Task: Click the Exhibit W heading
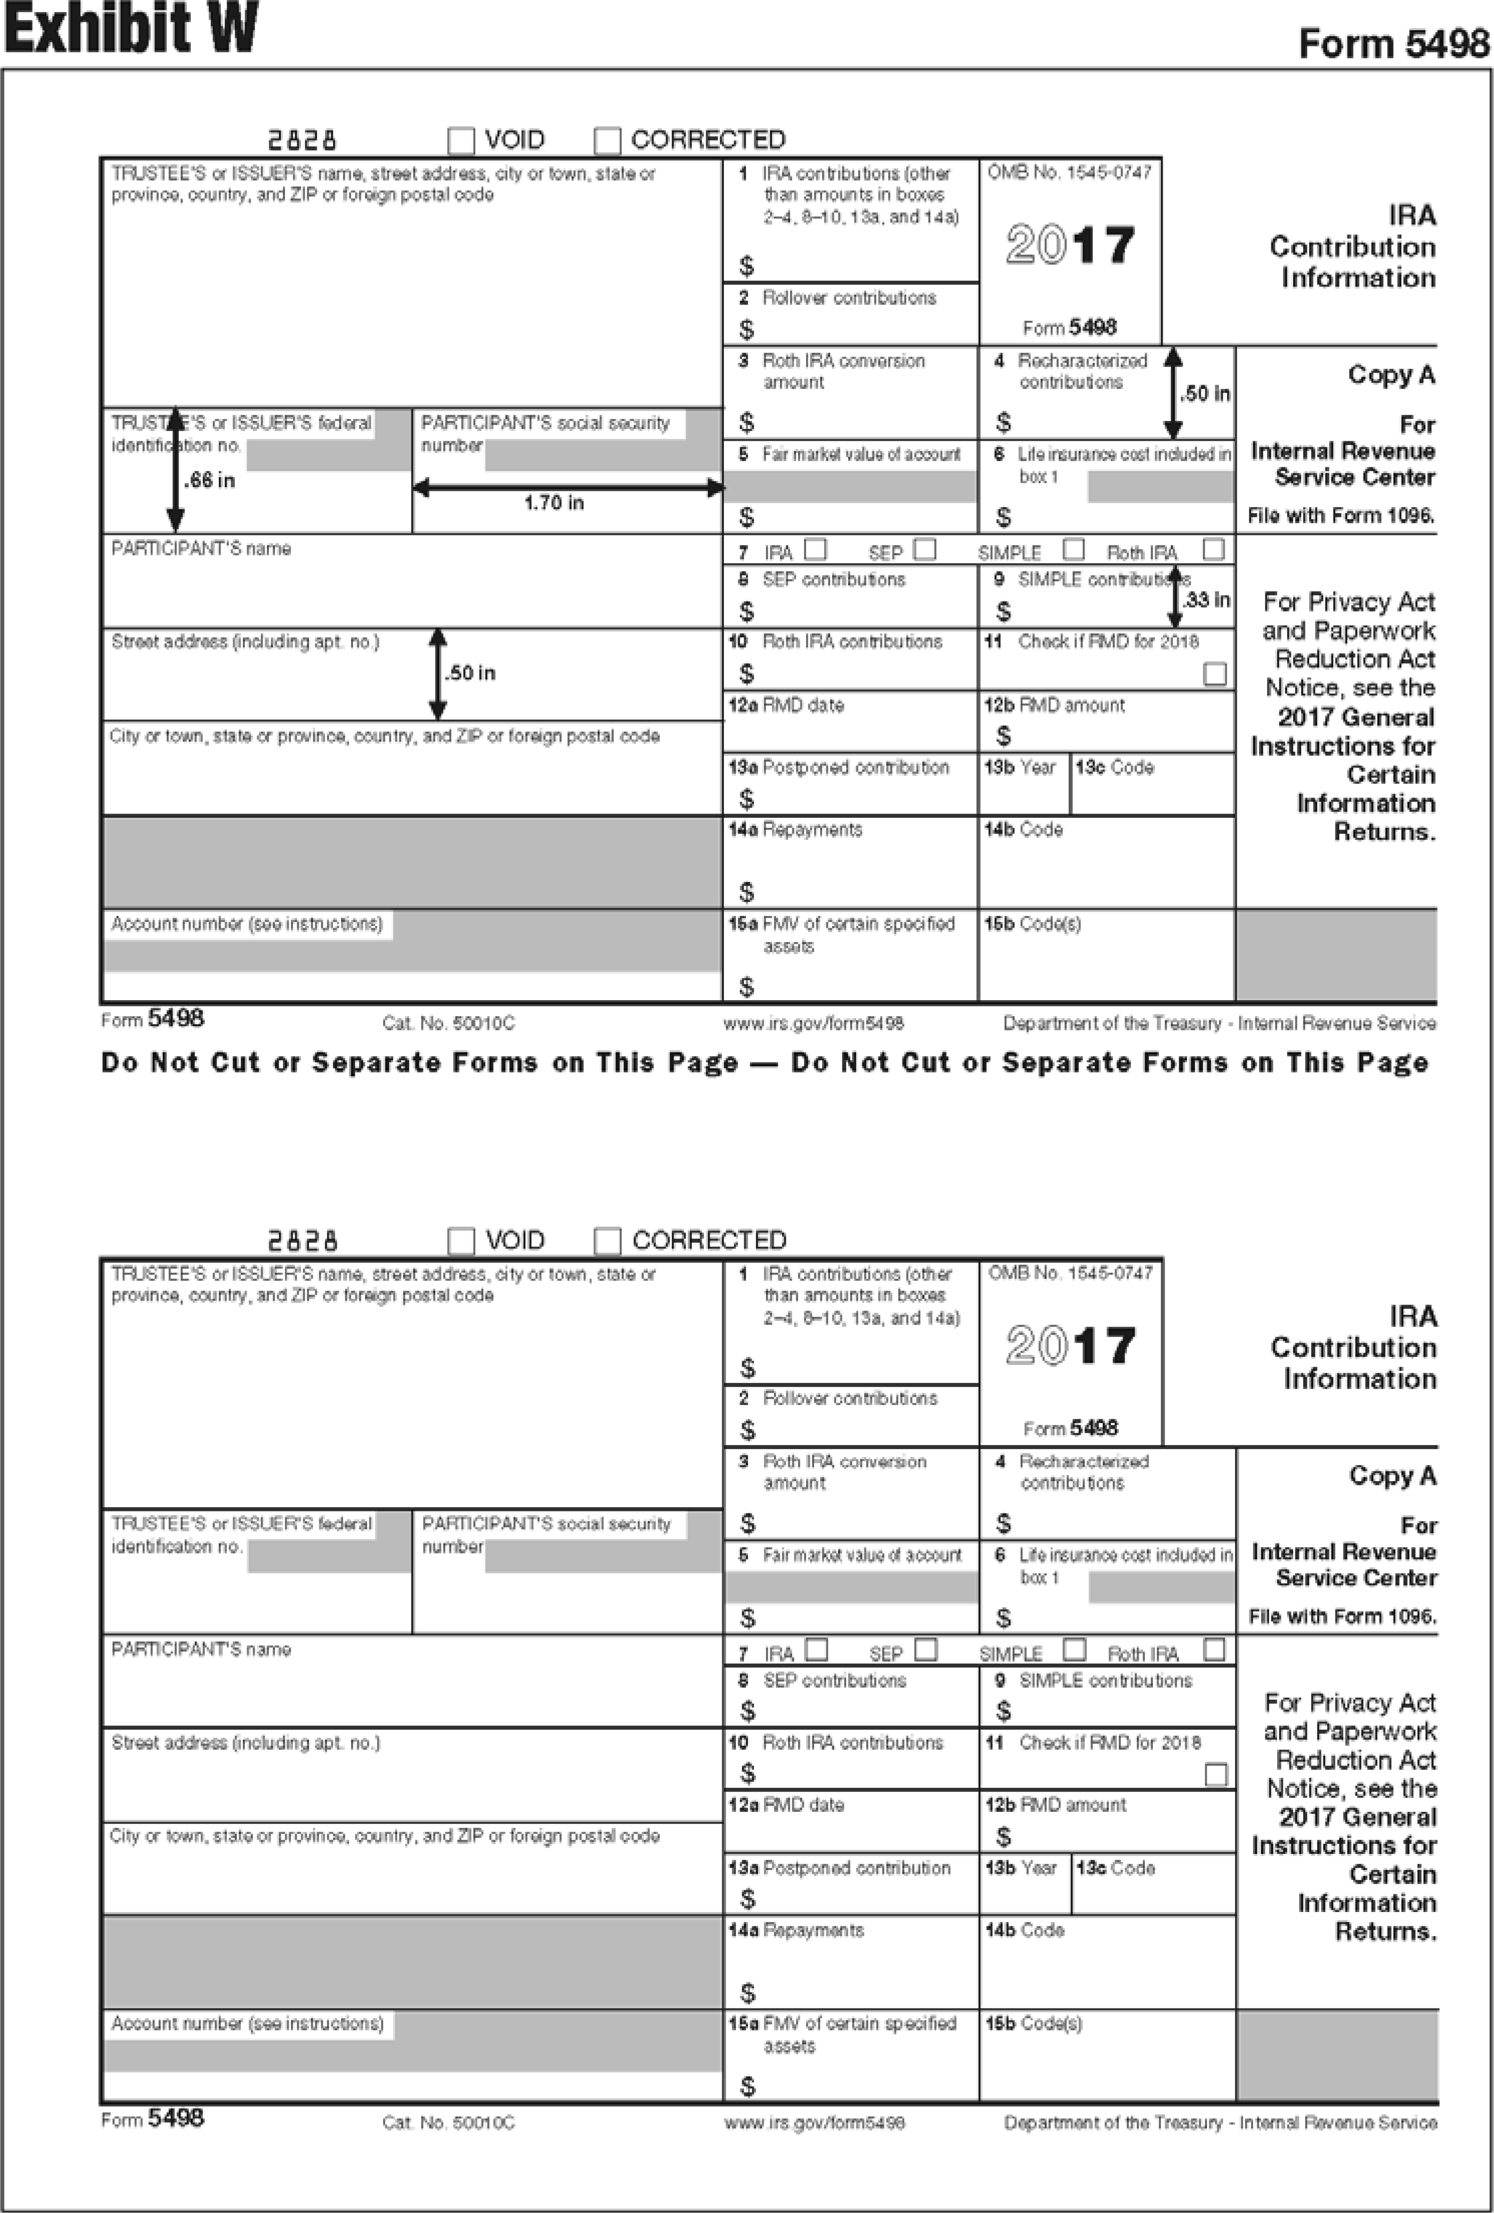coord(130,28)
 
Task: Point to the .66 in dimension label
coord(209,481)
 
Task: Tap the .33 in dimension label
coord(1206,600)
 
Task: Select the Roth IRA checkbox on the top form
coord(1213,549)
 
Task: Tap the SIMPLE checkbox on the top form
coord(1073,549)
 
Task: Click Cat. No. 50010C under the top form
coord(448,1024)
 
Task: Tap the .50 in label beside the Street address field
coord(471,673)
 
